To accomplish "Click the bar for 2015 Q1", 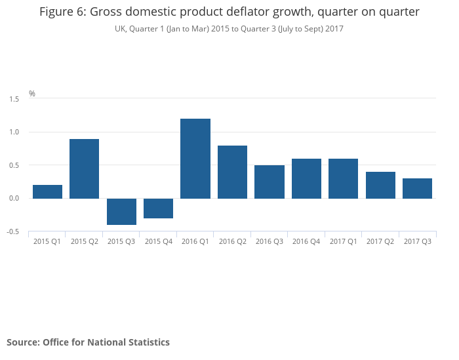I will pyautogui.click(x=47, y=191).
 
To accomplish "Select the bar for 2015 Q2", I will pyautogui.click(x=84, y=169).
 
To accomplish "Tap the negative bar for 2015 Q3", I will pyautogui.click(x=121, y=211).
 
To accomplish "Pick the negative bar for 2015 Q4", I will pyautogui.click(x=158, y=208).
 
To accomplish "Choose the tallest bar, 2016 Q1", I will pyautogui.click(x=195, y=159).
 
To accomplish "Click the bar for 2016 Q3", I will pyautogui.click(x=269, y=182).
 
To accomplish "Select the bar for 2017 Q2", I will pyautogui.click(x=380, y=185).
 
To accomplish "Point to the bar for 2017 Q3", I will pyautogui.click(x=417, y=188).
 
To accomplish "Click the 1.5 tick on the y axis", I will pyautogui.click(x=14, y=98).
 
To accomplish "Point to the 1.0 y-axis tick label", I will pyautogui.click(x=14, y=132).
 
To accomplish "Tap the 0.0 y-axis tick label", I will pyautogui.click(x=14, y=198).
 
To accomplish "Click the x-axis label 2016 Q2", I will pyautogui.click(x=232, y=242).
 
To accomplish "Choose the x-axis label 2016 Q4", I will pyautogui.click(x=306, y=242).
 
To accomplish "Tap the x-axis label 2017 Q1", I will pyautogui.click(x=343, y=242).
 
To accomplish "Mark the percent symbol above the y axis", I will pyautogui.click(x=32, y=94).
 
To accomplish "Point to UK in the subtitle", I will pyautogui.click(x=120, y=29).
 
